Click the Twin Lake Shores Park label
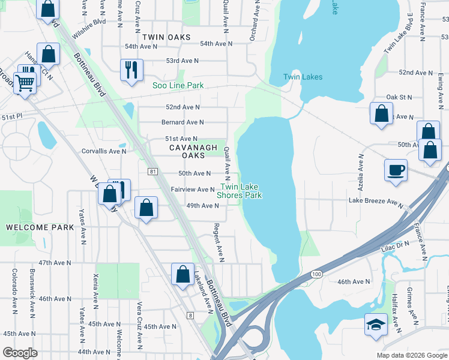tap(239, 191)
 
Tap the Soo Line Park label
tap(178, 86)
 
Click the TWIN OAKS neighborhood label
tap(166, 37)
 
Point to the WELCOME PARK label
tap(40, 227)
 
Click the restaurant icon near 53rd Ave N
tap(131, 70)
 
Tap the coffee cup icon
tap(396, 170)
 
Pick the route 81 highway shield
tap(152, 172)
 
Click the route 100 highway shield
tap(316, 274)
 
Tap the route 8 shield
tap(190, 315)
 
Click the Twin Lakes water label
tap(303, 77)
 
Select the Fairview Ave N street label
tap(193, 190)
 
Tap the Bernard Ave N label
tap(182, 122)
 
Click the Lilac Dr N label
tap(394, 245)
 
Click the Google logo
tap(20, 353)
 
